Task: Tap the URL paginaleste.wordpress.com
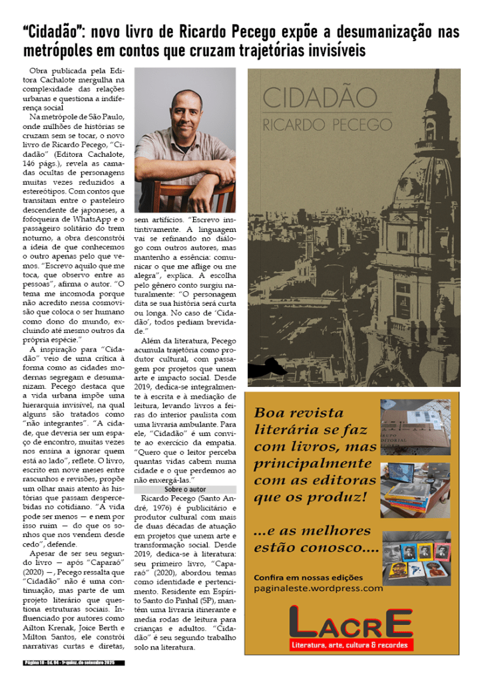coord(318,588)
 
